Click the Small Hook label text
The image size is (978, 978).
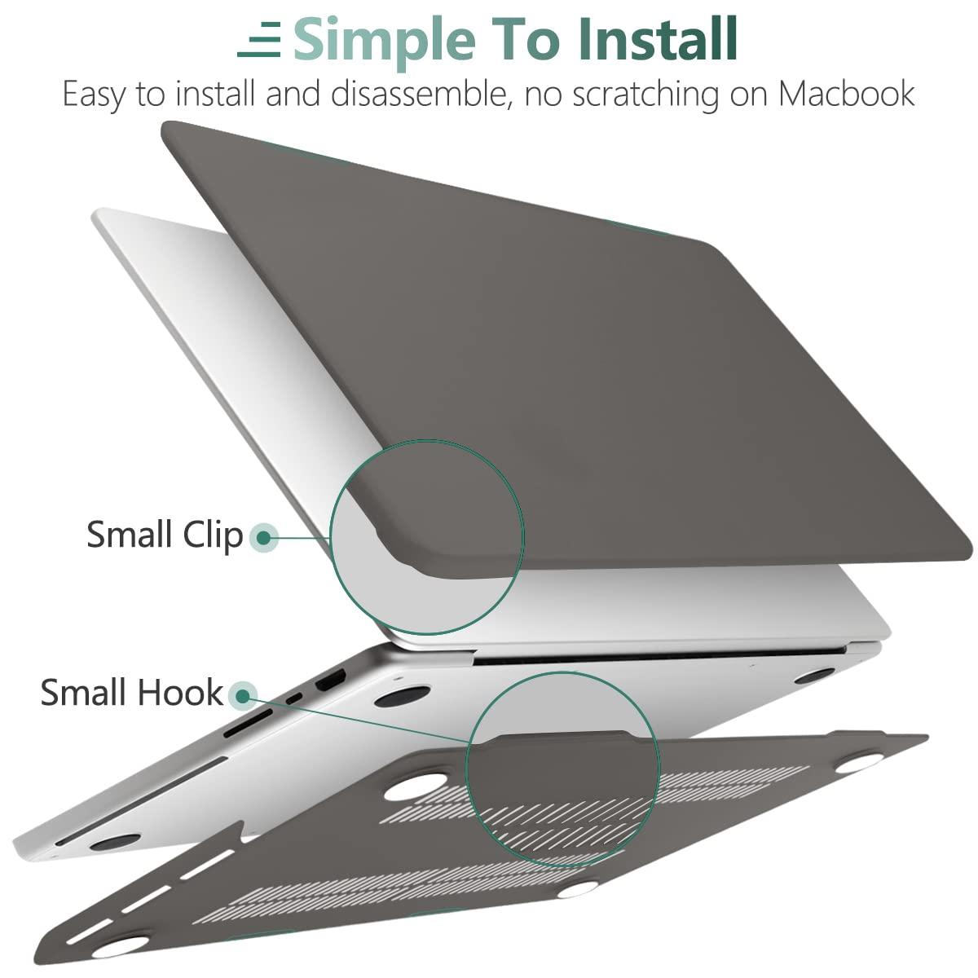click(x=131, y=693)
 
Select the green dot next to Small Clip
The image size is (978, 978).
click(x=263, y=536)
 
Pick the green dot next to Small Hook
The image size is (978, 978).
click(x=242, y=695)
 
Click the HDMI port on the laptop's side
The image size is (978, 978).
click(x=331, y=679)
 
